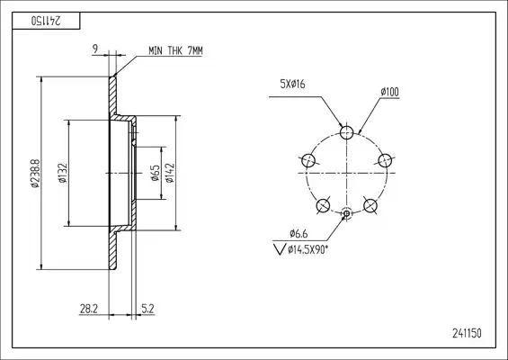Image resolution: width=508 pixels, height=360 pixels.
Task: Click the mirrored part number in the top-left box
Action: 46,21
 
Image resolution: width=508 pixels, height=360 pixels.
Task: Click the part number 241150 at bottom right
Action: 467,333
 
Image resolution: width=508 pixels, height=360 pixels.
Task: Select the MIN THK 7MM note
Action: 175,50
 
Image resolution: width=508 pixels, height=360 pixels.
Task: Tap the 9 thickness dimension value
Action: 95,49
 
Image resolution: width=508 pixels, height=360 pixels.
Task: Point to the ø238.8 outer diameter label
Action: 35,173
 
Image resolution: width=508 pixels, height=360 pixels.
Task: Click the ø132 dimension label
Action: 63,173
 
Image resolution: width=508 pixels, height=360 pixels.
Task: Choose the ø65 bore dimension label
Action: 156,173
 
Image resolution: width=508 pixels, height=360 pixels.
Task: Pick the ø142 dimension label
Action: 170,173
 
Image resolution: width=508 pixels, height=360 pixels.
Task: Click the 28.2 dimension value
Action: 89,309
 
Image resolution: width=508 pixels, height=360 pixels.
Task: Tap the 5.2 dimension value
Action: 147,309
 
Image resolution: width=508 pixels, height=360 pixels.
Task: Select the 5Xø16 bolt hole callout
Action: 292,85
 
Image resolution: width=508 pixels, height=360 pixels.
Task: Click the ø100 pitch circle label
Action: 389,92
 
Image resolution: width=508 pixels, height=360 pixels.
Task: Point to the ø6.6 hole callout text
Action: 299,233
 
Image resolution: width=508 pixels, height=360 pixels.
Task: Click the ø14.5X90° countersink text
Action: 307,249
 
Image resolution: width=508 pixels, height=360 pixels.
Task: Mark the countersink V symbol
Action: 280,248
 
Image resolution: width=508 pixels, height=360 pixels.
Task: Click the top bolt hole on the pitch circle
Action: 346,132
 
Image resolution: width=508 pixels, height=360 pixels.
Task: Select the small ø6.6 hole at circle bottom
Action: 346,213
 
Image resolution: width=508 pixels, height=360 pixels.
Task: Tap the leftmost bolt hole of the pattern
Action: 308,160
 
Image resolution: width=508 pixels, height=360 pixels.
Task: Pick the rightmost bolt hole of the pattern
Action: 385,160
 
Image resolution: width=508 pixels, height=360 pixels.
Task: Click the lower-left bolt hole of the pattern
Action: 323,205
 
